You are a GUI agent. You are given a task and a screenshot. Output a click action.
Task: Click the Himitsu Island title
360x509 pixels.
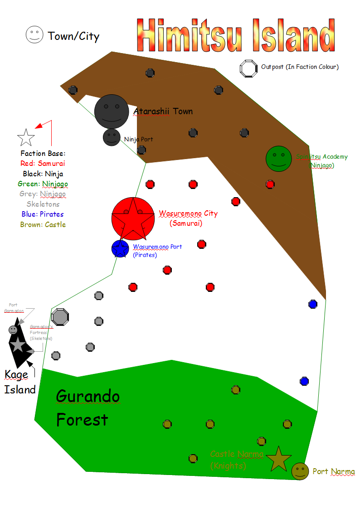click(236, 35)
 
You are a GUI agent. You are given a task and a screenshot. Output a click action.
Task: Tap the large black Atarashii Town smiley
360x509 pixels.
click(111, 111)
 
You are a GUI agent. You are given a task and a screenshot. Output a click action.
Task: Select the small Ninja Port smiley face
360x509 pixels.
click(111, 137)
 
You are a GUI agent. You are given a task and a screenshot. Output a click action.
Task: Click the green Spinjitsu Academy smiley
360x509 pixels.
click(279, 159)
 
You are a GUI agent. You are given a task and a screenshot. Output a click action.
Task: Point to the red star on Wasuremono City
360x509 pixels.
click(133, 219)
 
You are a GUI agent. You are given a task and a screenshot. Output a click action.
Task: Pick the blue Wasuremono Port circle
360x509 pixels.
click(120, 249)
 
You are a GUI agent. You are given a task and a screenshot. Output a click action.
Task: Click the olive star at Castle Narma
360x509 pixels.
click(278, 459)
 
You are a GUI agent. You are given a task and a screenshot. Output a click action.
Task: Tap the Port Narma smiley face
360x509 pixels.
click(300, 471)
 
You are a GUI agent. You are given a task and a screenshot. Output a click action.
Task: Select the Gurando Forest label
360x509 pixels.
click(88, 408)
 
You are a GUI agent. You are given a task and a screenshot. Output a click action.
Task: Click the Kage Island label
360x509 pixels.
click(20, 382)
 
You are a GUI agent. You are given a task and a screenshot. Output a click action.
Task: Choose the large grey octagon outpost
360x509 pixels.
click(60, 316)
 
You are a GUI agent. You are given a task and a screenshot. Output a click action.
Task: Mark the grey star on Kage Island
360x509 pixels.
click(17, 345)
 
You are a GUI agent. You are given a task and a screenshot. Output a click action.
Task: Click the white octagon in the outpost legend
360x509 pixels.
click(248, 68)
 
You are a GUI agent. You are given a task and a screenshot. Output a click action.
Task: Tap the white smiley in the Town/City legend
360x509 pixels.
click(34, 35)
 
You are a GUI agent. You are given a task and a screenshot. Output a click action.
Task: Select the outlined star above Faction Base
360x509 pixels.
click(26, 137)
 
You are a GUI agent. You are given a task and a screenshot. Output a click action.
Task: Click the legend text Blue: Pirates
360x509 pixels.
click(42, 214)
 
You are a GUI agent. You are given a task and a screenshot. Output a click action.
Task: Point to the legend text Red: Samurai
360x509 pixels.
click(43, 163)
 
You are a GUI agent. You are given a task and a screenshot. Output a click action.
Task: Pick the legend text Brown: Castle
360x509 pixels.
click(43, 224)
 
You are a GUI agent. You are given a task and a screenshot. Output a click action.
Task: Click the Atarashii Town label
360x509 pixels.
click(163, 111)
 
